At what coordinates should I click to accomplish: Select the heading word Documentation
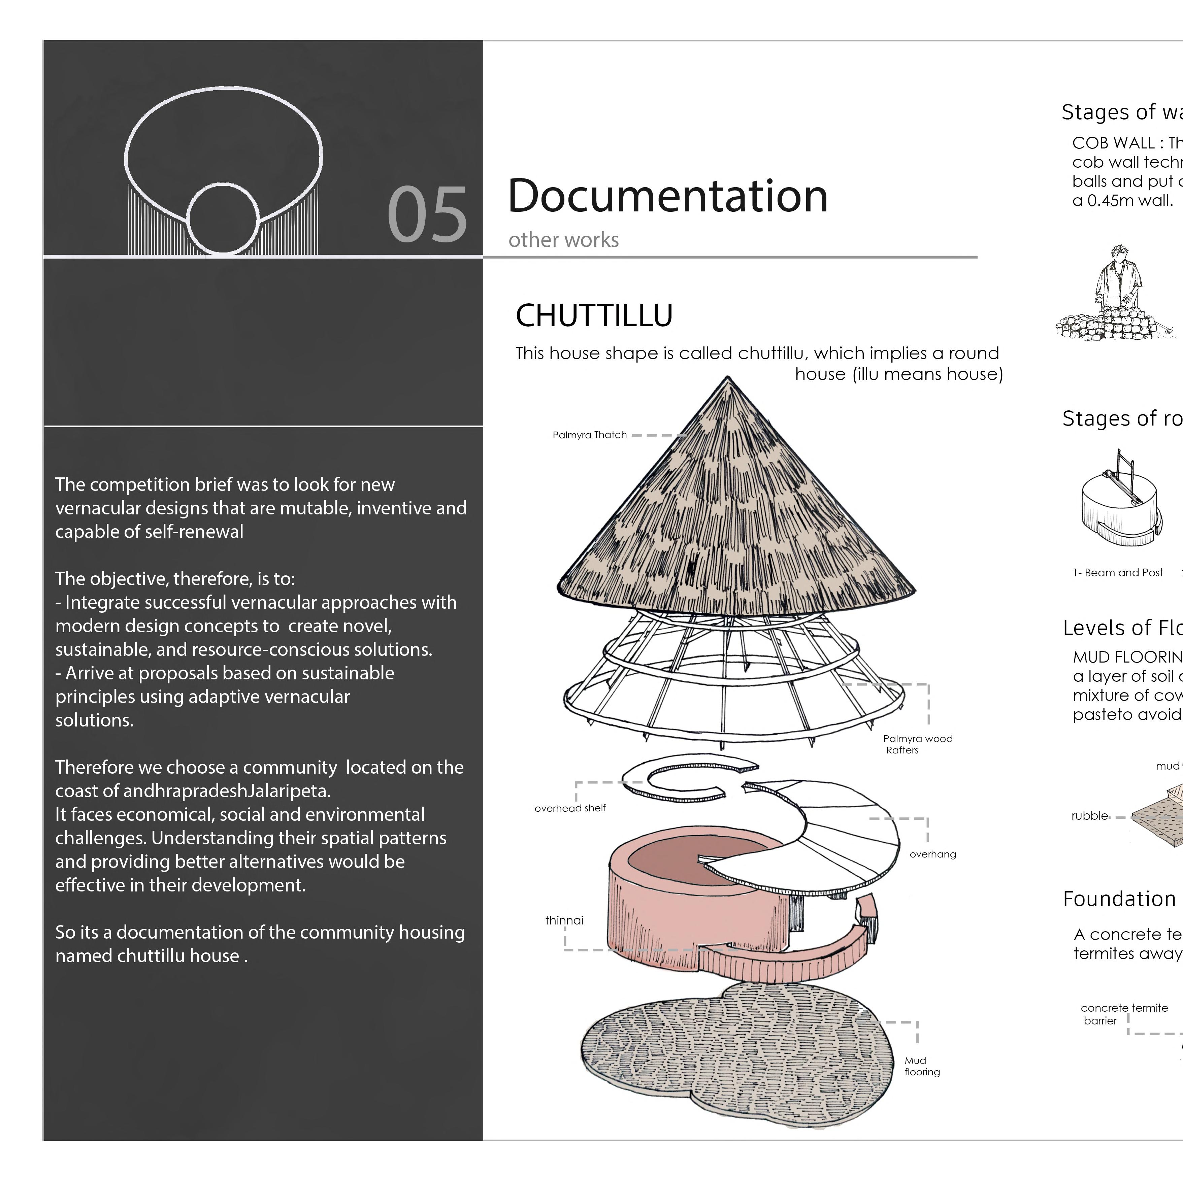667,196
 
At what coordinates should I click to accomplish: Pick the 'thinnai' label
564,920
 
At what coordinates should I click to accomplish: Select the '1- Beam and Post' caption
1117,572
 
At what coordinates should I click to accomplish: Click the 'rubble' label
1089,815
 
